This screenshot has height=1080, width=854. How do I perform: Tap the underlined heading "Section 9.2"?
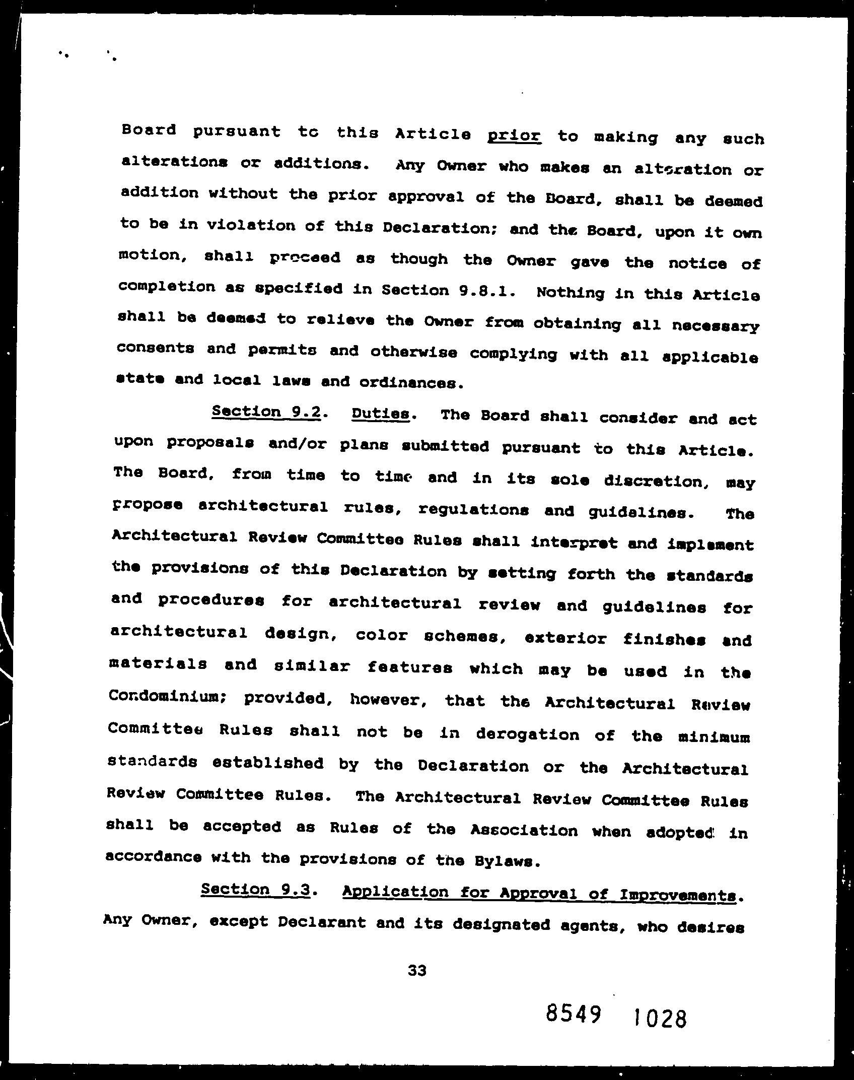coord(266,412)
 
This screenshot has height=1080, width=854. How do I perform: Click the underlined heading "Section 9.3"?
coord(255,889)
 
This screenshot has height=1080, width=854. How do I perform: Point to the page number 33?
coord(417,970)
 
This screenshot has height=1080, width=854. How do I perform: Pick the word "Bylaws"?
coord(507,861)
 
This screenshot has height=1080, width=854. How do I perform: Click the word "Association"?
coord(524,830)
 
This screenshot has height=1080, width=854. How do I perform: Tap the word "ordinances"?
coord(410,383)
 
